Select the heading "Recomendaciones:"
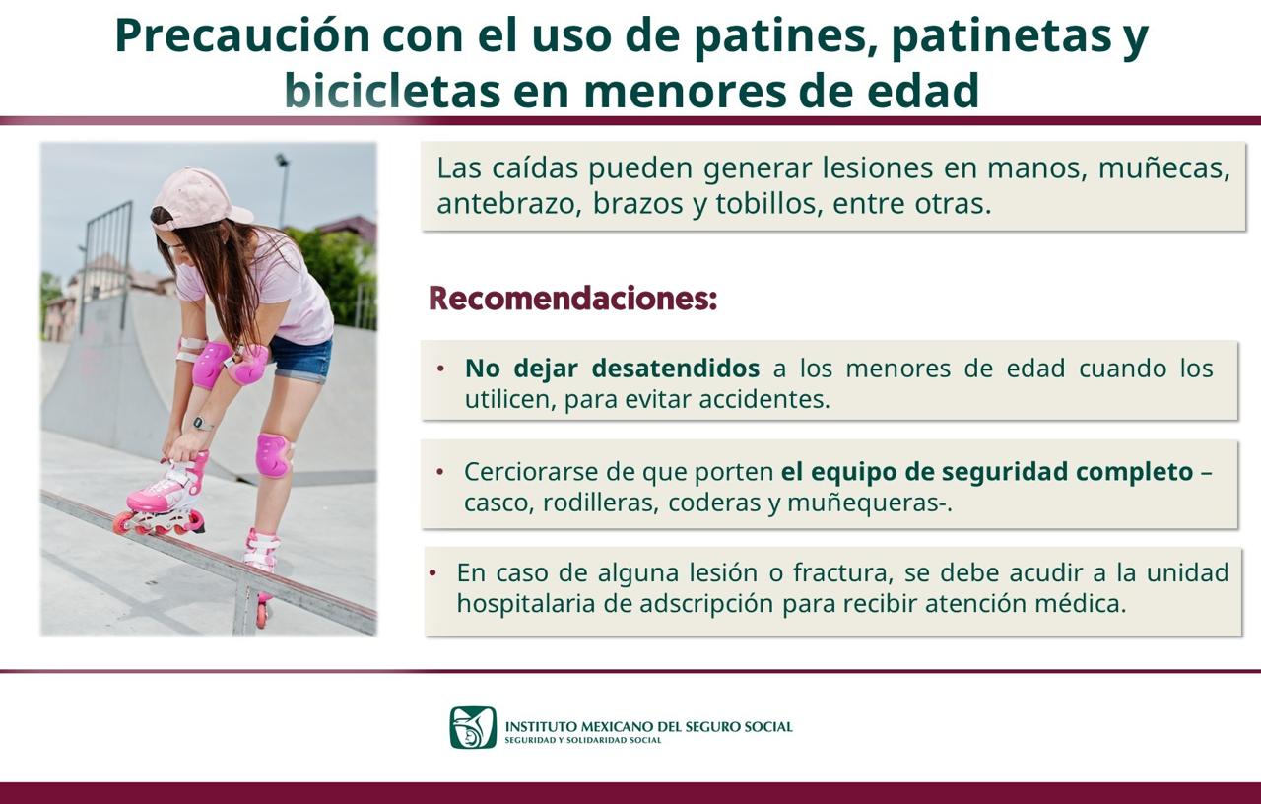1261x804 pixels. pos(573,299)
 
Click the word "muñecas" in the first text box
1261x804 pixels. pos(1164,168)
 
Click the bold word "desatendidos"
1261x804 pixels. pos(676,368)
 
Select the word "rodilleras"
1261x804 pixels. pos(601,502)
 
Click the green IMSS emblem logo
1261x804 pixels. pos(473,727)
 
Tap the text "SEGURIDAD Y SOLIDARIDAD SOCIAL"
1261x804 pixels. pos(583,740)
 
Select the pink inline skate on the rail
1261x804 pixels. pos(163,496)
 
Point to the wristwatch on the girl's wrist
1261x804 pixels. pos(199,423)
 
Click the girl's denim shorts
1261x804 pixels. pos(301,359)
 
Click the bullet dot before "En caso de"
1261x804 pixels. pos(432,573)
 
